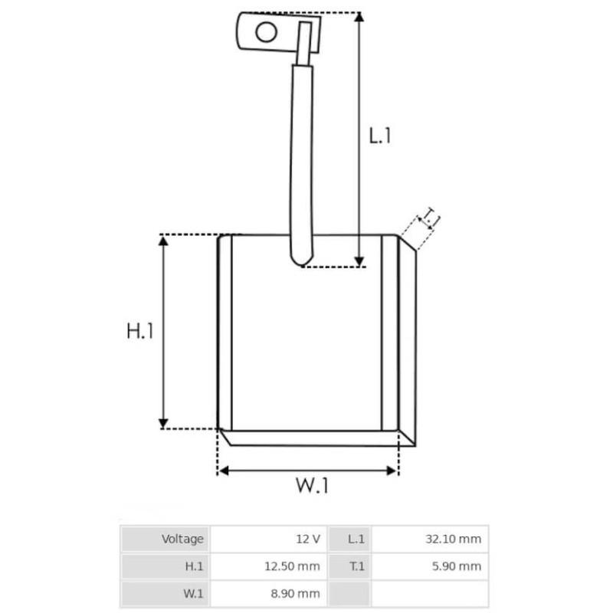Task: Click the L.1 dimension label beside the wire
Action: pyautogui.click(x=380, y=136)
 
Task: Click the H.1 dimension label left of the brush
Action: pyautogui.click(x=140, y=331)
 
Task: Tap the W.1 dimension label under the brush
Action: pyautogui.click(x=312, y=485)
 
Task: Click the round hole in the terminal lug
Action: pyautogui.click(x=266, y=31)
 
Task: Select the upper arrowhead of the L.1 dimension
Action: pyautogui.click(x=359, y=17)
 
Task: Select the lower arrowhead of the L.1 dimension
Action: pyautogui.click(x=359, y=262)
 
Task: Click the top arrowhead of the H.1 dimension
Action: pyautogui.click(x=163, y=241)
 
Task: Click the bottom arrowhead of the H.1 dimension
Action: pyautogui.click(x=163, y=424)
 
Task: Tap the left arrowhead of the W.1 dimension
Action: pyautogui.click(x=223, y=470)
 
